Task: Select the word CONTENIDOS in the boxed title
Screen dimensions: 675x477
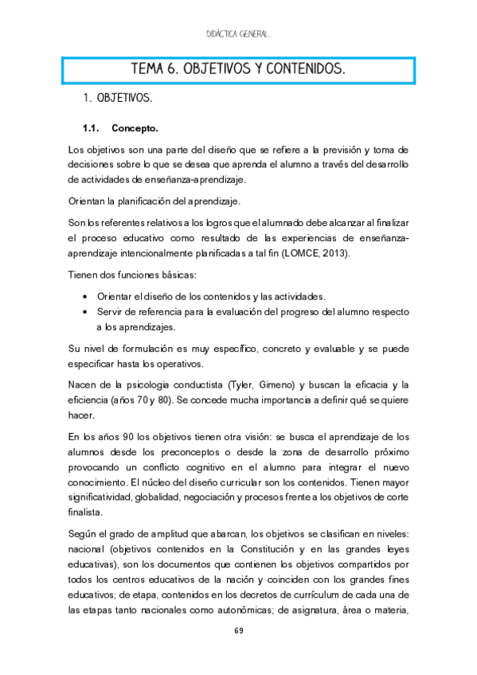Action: [x=298, y=70]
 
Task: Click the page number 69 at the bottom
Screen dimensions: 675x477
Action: [x=239, y=631]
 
